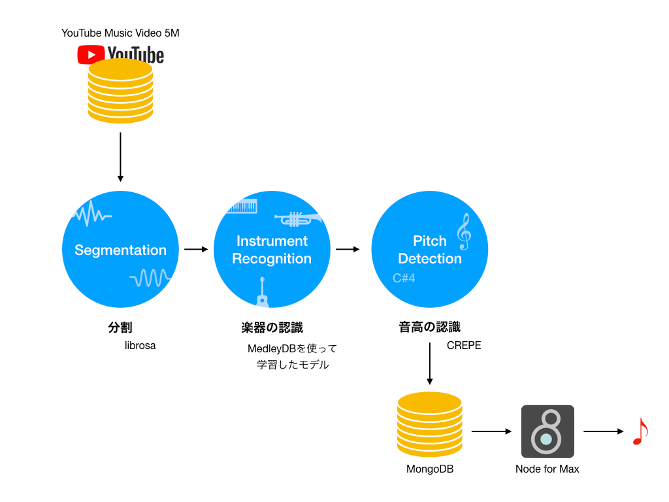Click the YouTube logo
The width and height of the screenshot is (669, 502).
coord(120,54)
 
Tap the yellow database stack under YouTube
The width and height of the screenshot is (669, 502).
coord(120,91)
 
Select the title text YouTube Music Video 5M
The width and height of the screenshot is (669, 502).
coord(120,33)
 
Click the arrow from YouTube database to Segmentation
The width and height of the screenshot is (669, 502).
coord(120,157)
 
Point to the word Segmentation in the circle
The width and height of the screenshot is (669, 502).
coord(120,250)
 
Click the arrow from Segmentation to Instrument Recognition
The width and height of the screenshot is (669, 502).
coord(195,249)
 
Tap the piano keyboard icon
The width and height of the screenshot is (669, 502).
coord(241,206)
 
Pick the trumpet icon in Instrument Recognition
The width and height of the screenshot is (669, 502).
coord(297,218)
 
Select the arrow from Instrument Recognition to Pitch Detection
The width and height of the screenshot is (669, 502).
coord(348,249)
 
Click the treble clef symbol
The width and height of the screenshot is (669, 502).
coord(464,232)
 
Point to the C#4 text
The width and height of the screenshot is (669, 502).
coord(404,278)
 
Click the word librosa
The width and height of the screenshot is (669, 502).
coord(140,345)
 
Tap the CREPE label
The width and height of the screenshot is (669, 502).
coord(464,345)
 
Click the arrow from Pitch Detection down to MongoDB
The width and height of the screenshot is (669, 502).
coord(430,363)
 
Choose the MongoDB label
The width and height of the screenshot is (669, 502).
coord(430,469)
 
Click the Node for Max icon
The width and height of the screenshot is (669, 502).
coord(547,431)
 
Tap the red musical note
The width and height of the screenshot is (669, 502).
coord(640,431)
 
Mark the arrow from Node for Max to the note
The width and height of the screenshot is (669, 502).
coord(604,431)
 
